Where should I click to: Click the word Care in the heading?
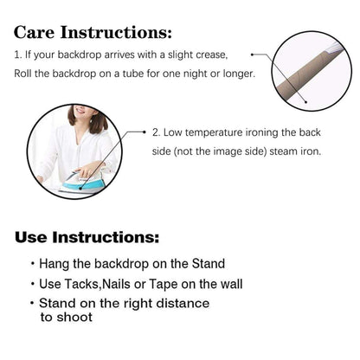pyautogui.click(x=34, y=32)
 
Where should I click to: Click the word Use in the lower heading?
pyautogui.click(x=31, y=237)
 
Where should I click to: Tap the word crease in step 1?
pyautogui.click(x=212, y=55)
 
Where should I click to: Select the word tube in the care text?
pyautogui.click(x=133, y=74)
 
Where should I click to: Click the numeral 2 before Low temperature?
pyautogui.click(x=156, y=132)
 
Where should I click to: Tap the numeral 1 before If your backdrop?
pyautogui.click(x=17, y=55)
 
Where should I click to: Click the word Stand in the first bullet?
pyautogui.click(x=209, y=264)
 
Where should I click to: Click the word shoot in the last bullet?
pyautogui.click(x=74, y=317)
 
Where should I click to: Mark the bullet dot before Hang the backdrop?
pyautogui.click(x=33, y=263)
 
